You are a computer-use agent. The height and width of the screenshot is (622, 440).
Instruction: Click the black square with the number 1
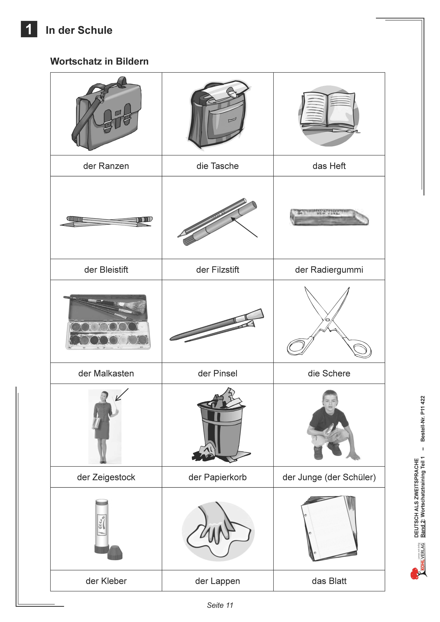[x=29, y=29]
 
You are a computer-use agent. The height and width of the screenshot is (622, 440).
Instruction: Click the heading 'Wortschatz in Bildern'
[x=99, y=61]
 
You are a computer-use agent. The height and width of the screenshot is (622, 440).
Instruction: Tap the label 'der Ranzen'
[x=106, y=166]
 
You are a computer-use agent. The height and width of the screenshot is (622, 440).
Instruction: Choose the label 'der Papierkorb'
[x=218, y=477]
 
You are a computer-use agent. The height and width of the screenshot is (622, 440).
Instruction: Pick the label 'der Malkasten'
[x=106, y=373]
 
